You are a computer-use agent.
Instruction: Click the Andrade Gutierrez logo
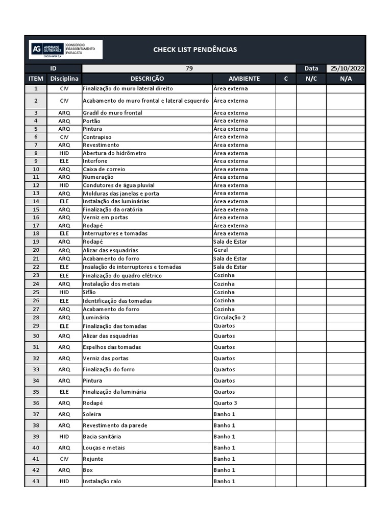click(x=65, y=50)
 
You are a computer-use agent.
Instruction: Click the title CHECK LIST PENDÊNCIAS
click(x=195, y=50)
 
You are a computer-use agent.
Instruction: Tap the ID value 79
click(x=189, y=68)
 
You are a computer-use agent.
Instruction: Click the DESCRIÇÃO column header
click(x=147, y=79)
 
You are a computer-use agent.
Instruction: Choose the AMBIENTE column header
click(x=244, y=79)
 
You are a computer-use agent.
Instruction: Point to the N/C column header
click(x=311, y=79)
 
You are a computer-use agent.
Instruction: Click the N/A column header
click(x=346, y=79)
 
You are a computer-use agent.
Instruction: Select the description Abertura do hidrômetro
click(x=114, y=153)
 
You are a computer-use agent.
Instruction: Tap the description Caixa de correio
click(x=104, y=169)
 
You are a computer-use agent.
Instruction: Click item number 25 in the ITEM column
click(x=36, y=292)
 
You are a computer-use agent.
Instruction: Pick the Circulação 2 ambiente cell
click(x=230, y=317)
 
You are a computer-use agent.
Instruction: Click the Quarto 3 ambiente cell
click(x=225, y=403)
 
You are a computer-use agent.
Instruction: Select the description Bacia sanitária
click(x=102, y=437)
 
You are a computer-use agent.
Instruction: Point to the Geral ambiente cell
click(x=220, y=250)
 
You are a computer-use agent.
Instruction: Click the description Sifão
click(x=89, y=292)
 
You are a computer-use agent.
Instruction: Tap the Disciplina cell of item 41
click(x=64, y=459)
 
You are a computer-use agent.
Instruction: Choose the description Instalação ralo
click(x=102, y=481)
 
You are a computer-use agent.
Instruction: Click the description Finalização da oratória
click(x=113, y=209)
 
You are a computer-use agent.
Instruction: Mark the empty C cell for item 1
click(x=286, y=89)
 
